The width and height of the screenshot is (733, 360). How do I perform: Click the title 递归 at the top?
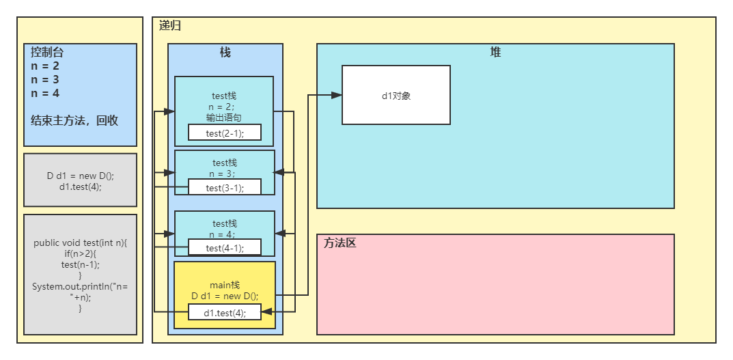[170, 26]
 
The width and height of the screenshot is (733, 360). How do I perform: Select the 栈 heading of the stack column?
[225, 53]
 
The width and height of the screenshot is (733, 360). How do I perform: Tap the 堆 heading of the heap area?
[495, 53]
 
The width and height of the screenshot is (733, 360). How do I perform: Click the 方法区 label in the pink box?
[340, 243]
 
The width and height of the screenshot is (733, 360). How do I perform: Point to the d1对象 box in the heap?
[396, 96]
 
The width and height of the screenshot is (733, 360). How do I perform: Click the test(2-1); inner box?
[225, 133]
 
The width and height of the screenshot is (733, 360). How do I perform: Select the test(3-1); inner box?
[225, 187]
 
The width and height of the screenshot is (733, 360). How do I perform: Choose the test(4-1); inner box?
[225, 248]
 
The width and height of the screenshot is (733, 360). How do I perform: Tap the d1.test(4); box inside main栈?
[225, 313]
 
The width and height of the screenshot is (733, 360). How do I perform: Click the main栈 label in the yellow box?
[225, 284]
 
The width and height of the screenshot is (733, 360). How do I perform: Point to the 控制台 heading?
[48, 52]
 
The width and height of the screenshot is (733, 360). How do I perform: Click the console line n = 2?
[45, 66]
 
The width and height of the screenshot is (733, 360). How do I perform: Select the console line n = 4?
[45, 93]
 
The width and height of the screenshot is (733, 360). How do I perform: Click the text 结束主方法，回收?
[74, 121]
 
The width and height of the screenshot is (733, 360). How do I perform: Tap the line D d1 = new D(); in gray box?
[80, 176]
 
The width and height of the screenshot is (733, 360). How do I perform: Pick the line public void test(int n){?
[80, 243]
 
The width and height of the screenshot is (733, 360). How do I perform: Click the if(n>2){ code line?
[80, 254]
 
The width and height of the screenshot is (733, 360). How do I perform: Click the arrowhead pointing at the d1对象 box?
[336, 96]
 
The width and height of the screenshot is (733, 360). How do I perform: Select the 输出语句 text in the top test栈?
[225, 117]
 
